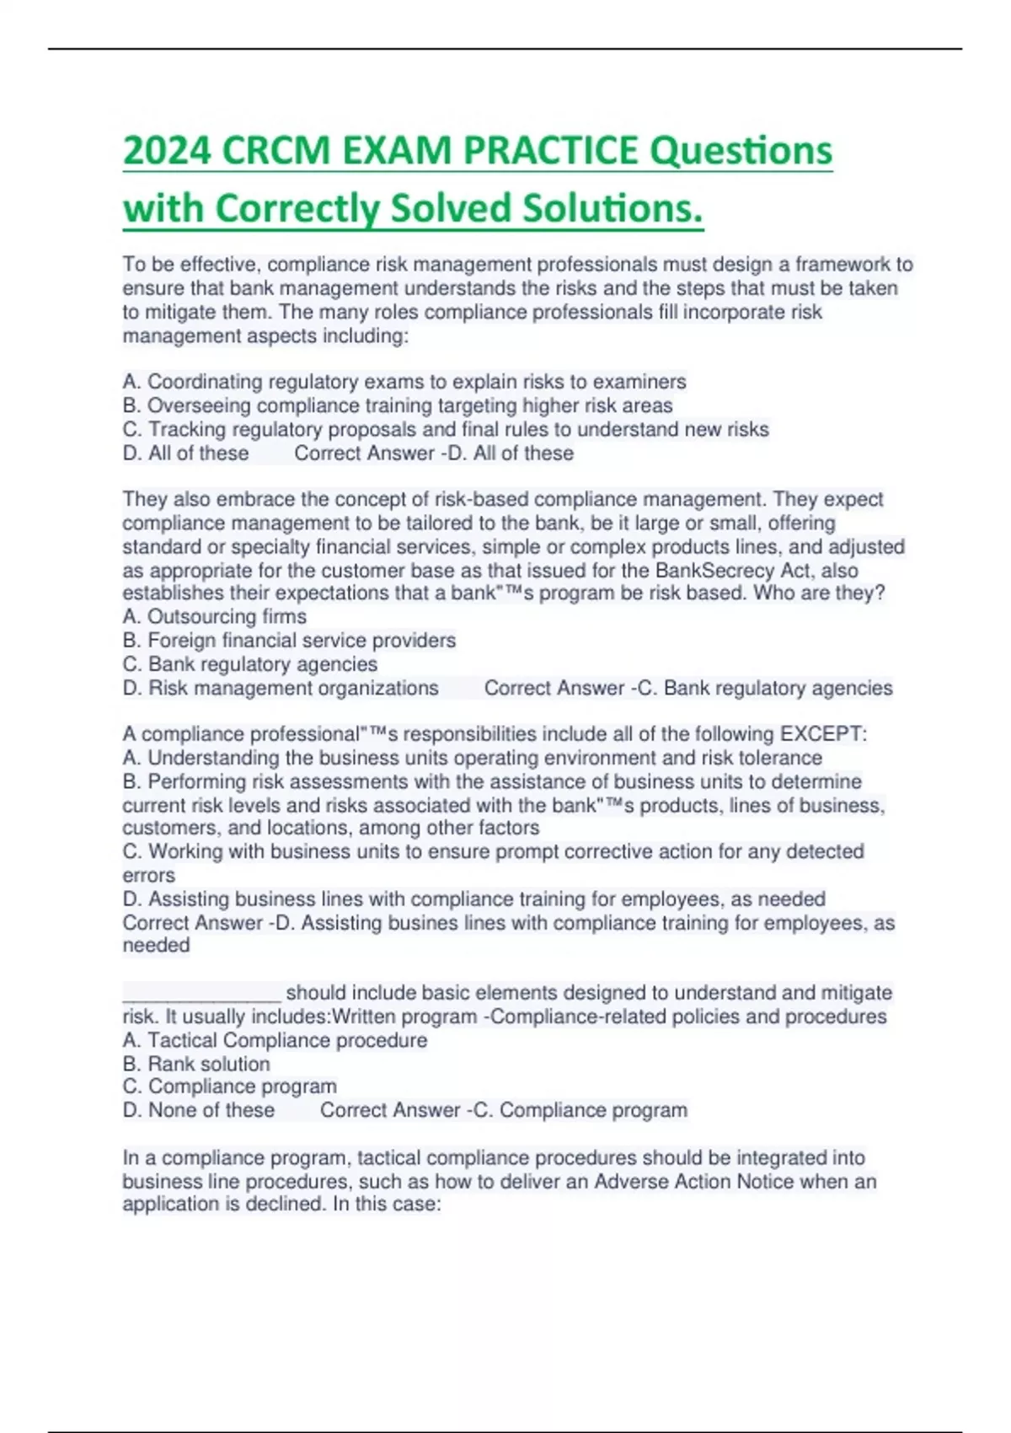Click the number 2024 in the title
pos(166,152)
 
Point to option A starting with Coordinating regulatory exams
pos(404,382)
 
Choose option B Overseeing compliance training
pos(398,405)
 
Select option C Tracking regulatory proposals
pos(446,430)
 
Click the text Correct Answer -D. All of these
pos(434,454)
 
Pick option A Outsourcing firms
pos(215,617)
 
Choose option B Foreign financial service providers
pos(289,641)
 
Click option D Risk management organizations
pos(281,689)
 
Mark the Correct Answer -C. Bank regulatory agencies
pos(688,689)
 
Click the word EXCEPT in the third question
pos(821,734)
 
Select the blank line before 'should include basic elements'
pos(201,993)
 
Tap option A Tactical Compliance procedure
pos(275,1041)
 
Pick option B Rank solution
pos(196,1065)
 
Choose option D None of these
pos(199,1111)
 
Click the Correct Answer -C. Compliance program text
pos(504,1111)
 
